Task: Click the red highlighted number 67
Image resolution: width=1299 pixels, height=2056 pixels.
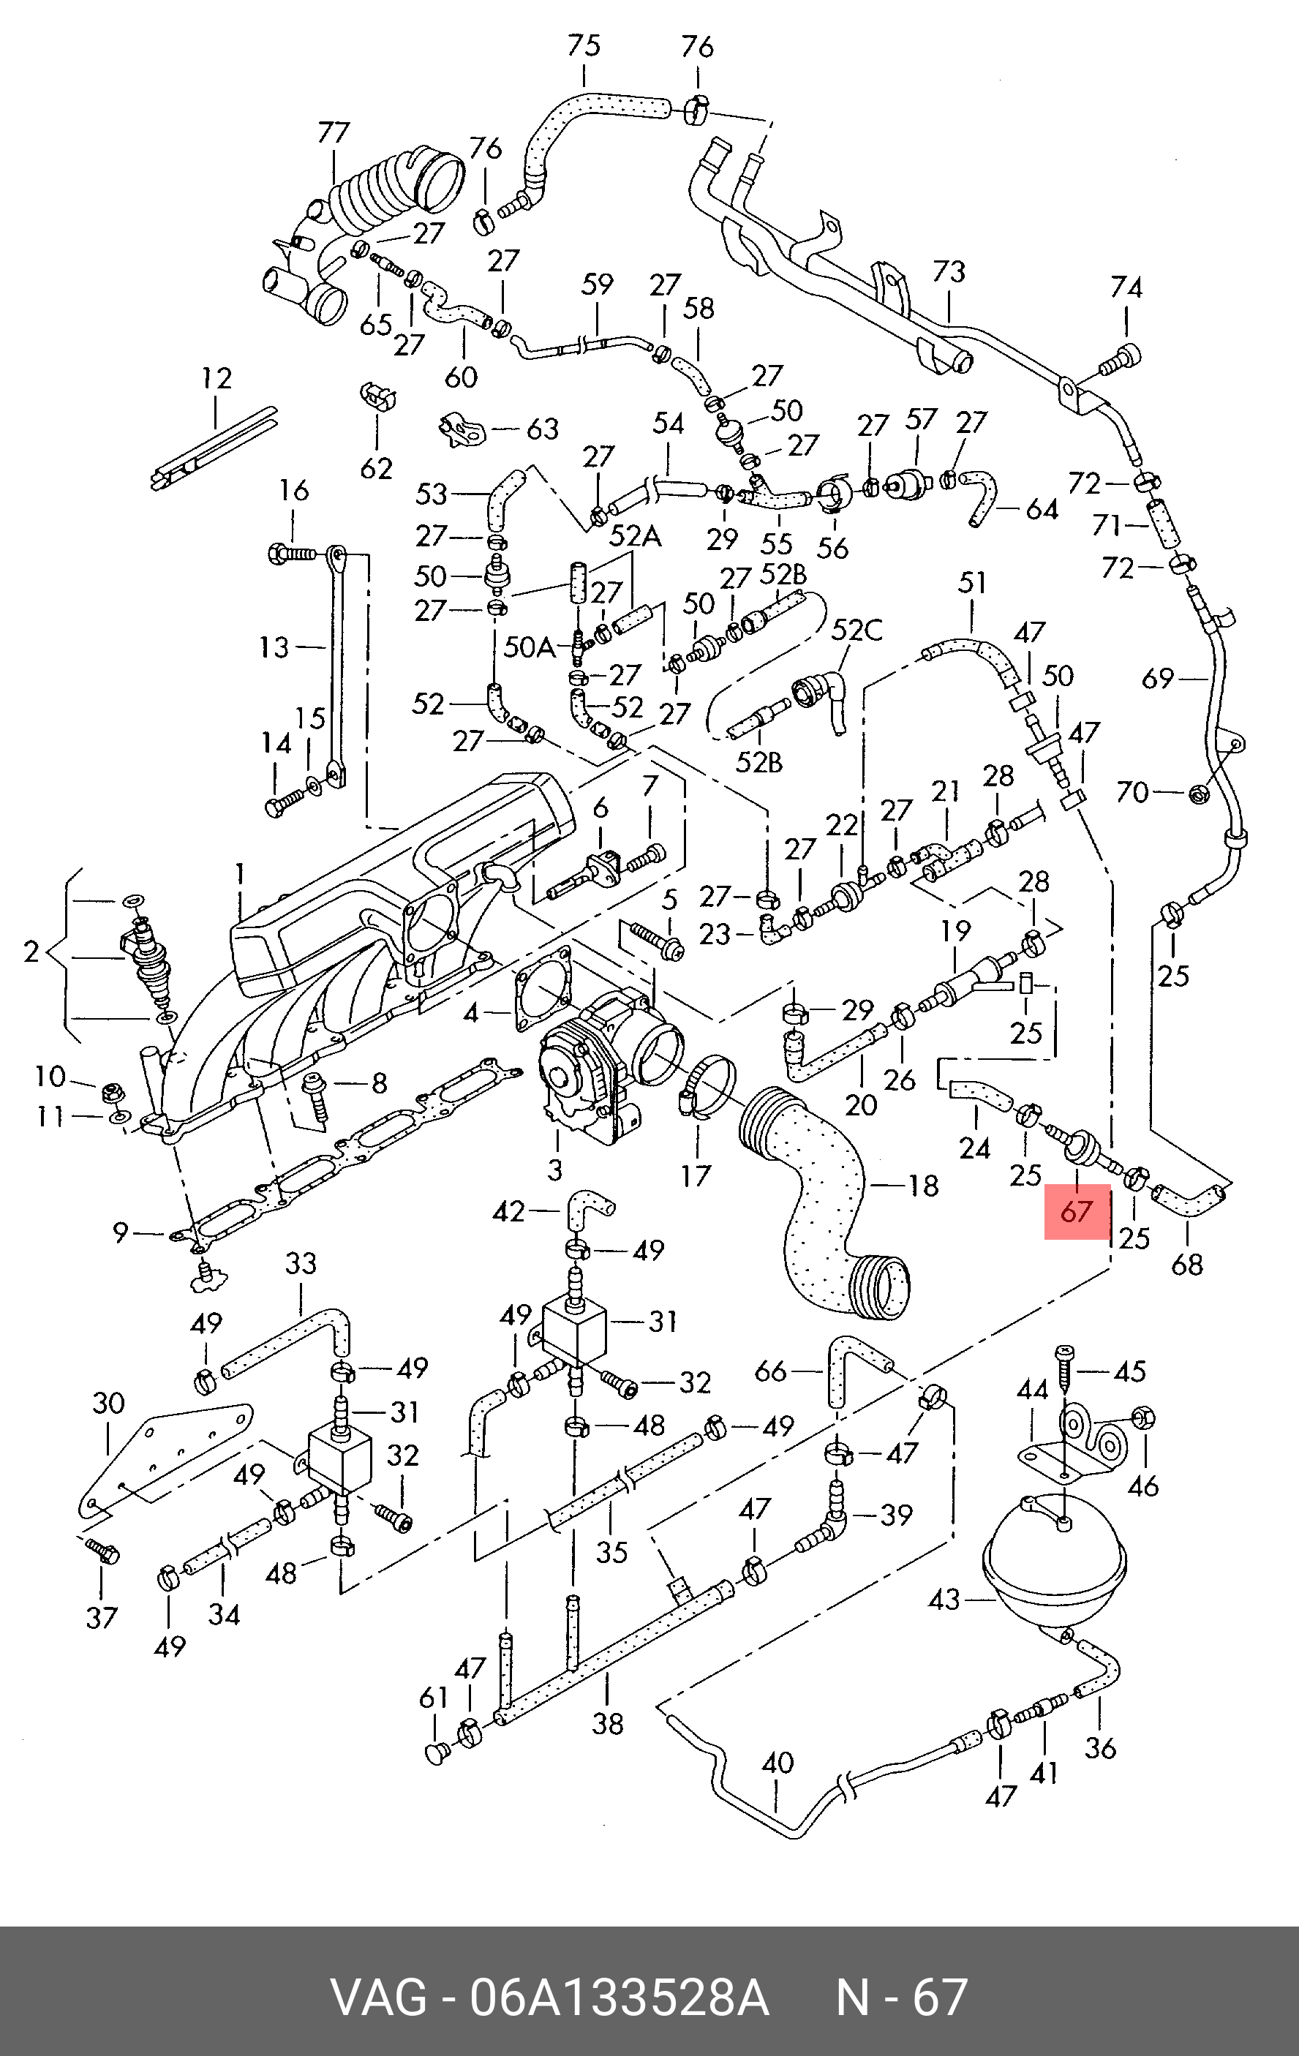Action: click(x=1076, y=1210)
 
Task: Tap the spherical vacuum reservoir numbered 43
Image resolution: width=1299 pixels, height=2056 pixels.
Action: click(x=1055, y=1567)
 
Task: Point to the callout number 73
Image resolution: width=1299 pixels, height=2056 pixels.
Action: click(x=949, y=271)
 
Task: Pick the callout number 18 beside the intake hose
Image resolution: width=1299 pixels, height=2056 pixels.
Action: click(x=923, y=1185)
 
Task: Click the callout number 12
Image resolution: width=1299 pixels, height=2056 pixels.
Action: click(x=217, y=377)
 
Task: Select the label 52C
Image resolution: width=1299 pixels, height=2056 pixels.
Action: click(x=856, y=630)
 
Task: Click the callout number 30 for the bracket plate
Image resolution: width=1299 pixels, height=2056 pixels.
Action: click(x=108, y=1403)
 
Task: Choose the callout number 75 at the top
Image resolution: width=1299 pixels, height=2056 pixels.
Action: click(x=584, y=46)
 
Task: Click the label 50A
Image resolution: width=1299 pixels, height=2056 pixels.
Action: click(x=528, y=647)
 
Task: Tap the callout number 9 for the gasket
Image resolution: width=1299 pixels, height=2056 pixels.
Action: click(x=121, y=1232)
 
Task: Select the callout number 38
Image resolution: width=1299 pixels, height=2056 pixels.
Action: click(x=608, y=1723)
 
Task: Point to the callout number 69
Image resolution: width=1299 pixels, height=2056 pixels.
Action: click(x=1158, y=679)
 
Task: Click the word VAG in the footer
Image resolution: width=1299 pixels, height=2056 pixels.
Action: click(x=378, y=1996)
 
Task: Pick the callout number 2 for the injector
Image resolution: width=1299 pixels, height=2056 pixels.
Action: click(x=31, y=951)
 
